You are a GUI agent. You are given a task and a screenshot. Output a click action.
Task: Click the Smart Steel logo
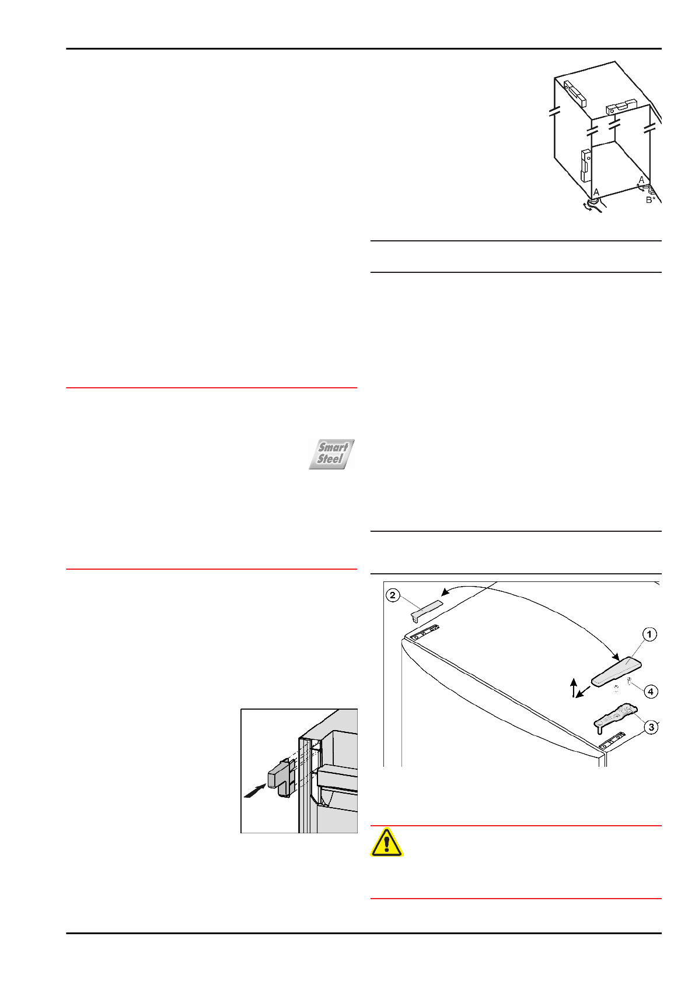(x=331, y=454)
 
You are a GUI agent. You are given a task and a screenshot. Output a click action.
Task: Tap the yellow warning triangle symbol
(x=386, y=842)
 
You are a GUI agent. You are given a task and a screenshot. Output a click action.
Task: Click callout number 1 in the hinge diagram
(x=649, y=634)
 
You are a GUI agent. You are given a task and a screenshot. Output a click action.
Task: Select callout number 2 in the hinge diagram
(x=393, y=595)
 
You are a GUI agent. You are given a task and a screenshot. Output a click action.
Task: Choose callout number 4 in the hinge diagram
(x=650, y=692)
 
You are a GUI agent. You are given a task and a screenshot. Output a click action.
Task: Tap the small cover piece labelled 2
(x=426, y=609)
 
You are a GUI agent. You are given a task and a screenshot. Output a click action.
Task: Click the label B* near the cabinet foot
(x=651, y=200)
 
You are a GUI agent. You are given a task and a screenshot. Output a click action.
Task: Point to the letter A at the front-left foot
(x=596, y=192)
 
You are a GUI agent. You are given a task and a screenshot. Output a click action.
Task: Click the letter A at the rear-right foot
(x=641, y=180)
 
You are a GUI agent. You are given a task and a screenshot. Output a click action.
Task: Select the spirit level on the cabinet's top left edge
(x=574, y=92)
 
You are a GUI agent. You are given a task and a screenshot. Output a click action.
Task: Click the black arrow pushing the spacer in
(x=254, y=791)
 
